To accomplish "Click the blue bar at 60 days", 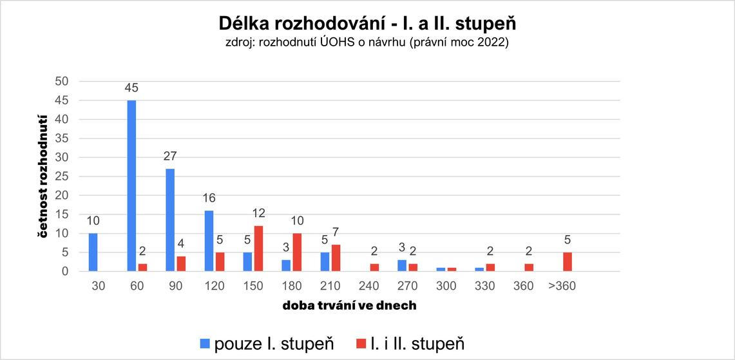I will pos(131,185).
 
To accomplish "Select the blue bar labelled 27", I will pos(170,220).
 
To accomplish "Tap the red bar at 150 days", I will pos(259,249).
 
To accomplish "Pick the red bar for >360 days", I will pos(568,261).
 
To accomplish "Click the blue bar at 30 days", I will pos(93,252).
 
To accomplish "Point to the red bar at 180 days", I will pos(297,252).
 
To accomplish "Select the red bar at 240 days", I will pos(374,267).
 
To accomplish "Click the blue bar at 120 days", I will pos(209,241).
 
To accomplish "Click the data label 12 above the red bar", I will pos(259,213).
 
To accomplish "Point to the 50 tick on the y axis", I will pos(62,81).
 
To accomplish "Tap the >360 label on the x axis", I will pos(562,286).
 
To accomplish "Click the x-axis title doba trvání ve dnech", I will pos(349,306).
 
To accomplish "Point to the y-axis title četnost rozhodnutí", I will pos(43,176).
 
